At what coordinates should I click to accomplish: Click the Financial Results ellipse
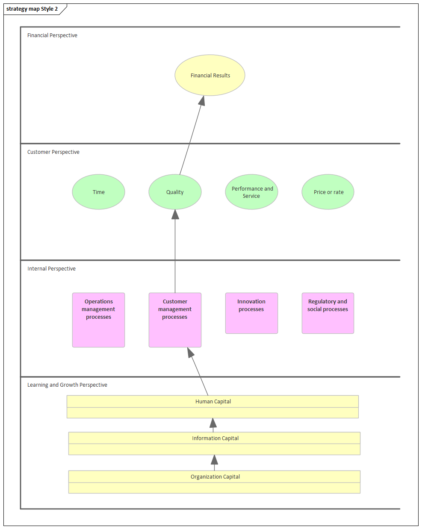click(x=210, y=75)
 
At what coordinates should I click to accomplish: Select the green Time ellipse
click(x=98, y=192)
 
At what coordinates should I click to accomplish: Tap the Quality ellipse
click(x=175, y=192)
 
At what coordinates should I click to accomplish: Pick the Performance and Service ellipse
click(x=251, y=192)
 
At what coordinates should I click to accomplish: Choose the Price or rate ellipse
click(x=328, y=192)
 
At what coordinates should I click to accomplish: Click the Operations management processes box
click(x=98, y=320)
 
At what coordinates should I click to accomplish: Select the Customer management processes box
click(x=175, y=320)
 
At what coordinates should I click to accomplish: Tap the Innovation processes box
click(x=251, y=313)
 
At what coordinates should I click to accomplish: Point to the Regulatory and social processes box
click(x=328, y=313)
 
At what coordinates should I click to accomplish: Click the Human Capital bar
click(x=212, y=406)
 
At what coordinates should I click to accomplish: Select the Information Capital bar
click(x=214, y=443)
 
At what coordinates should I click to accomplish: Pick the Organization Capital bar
click(x=214, y=482)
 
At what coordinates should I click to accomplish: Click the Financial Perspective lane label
click(x=52, y=35)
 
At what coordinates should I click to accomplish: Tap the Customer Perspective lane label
click(x=53, y=152)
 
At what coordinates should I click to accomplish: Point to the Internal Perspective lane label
click(x=51, y=269)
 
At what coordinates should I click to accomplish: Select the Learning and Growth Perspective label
click(x=67, y=385)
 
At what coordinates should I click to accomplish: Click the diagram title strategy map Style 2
click(x=32, y=9)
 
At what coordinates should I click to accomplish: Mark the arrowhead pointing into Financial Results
click(x=202, y=101)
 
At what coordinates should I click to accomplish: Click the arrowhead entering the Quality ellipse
click(x=175, y=215)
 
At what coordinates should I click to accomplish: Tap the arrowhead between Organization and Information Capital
click(x=214, y=460)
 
